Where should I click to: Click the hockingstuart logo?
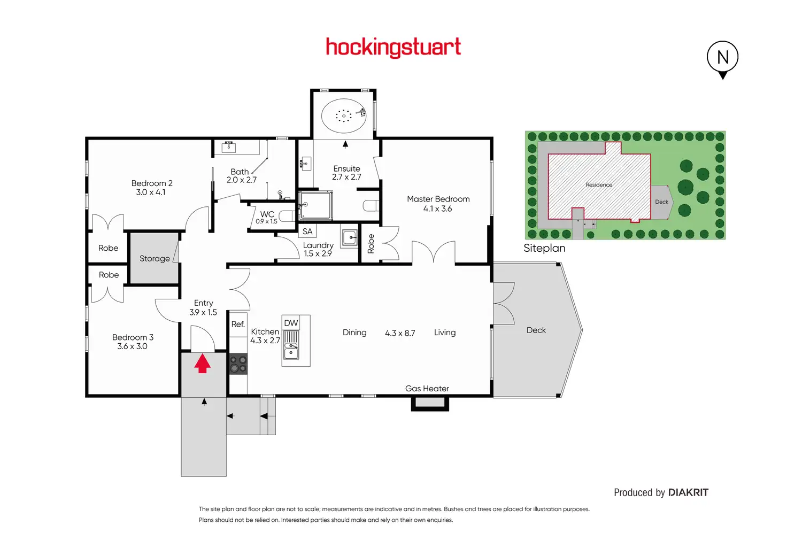[x=393, y=48]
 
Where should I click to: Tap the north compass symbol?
[x=722, y=59]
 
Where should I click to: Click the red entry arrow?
[x=203, y=363]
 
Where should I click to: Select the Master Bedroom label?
[x=438, y=199]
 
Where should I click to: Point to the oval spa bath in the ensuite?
[x=344, y=115]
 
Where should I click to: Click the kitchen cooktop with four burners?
[x=238, y=364]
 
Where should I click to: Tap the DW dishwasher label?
[x=291, y=323]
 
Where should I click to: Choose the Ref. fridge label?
[x=238, y=324]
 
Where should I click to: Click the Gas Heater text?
[x=427, y=389]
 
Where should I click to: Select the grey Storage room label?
[x=155, y=259]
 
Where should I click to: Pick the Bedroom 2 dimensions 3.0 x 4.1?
[x=150, y=192]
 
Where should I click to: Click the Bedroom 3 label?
[x=133, y=337]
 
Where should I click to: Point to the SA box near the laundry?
[x=307, y=231]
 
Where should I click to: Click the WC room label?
[x=267, y=214]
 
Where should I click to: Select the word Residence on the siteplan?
[x=599, y=185]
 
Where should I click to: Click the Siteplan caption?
[x=544, y=248]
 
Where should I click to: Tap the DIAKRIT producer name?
[x=688, y=492]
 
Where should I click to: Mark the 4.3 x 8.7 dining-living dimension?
[x=400, y=333]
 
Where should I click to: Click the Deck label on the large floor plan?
[x=536, y=330]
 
